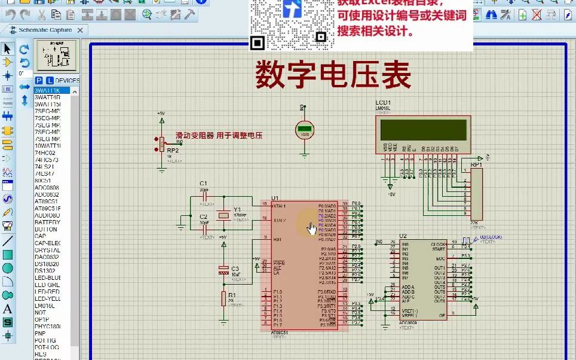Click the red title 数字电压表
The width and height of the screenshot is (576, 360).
click(x=333, y=76)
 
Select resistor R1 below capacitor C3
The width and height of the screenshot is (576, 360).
click(x=223, y=298)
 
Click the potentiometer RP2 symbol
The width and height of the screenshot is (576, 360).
click(x=161, y=144)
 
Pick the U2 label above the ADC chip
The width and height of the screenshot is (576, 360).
click(x=403, y=236)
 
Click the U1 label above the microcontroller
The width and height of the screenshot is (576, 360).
click(x=275, y=198)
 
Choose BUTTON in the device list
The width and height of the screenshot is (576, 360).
click(x=46, y=229)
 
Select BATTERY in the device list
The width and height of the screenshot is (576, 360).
click(x=47, y=222)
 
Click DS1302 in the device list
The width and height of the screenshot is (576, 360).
click(x=47, y=271)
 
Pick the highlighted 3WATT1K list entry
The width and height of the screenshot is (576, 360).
click(x=47, y=90)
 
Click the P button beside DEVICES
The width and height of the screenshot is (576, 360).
click(x=39, y=80)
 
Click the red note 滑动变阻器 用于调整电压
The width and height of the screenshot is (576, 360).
click(x=219, y=136)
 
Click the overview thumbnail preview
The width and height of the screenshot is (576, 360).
click(x=56, y=56)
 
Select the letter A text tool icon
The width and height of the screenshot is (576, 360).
click(x=8, y=309)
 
